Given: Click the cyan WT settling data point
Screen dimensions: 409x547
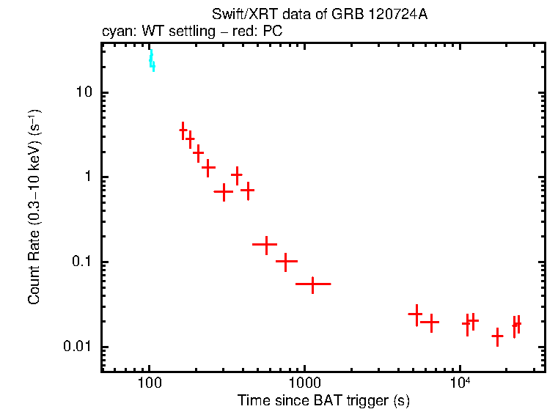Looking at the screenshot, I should tap(152, 62).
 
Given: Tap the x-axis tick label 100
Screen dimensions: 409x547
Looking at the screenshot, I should tap(150, 383).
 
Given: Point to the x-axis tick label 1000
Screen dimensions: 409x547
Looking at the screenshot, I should tap(304, 383).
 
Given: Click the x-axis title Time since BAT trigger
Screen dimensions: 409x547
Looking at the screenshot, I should tap(323, 400).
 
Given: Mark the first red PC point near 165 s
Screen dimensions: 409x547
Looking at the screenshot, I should tap(183, 130).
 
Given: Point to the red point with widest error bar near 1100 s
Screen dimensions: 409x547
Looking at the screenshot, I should tap(313, 284).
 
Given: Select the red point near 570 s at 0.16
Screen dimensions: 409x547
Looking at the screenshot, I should tap(265, 244).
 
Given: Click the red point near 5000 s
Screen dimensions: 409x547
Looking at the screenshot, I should tap(416, 314).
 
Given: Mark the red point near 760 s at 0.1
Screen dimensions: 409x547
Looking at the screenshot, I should tap(285, 261).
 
